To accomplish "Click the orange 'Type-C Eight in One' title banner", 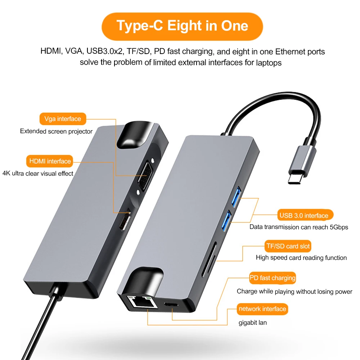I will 182,26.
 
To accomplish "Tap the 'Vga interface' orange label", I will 63,119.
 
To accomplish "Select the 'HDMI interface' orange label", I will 50,161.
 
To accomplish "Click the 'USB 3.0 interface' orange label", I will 304,215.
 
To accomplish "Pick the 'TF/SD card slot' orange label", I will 287,246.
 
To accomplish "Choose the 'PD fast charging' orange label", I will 273,278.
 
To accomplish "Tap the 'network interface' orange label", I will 262,309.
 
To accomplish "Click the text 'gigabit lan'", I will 253,323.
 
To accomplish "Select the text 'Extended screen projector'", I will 56,131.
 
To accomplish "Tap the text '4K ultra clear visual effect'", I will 38,174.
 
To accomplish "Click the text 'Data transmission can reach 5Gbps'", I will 299,227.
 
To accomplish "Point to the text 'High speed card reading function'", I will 301,258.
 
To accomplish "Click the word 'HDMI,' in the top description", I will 51,51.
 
